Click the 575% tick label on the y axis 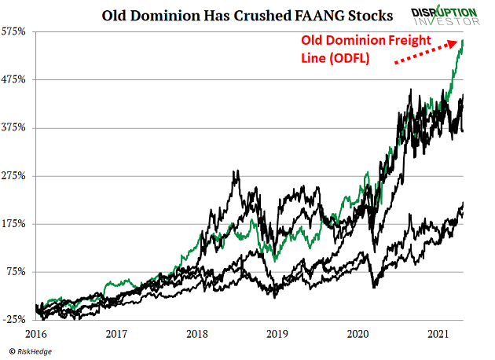click(x=16, y=31)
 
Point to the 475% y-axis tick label click(x=16, y=79)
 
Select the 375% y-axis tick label click(x=16, y=127)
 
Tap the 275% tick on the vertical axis click(x=16, y=175)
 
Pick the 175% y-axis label click(x=16, y=223)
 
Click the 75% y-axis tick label click(x=18, y=271)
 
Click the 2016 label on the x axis click(x=37, y=333)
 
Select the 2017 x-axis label click(x=117, y=333)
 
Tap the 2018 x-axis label click(x=197, y=333)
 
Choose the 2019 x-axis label click(x=277, y=333)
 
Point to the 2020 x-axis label click(x=357, y=333)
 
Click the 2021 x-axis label click(x=438, y=333)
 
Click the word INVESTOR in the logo click(x=451, y=23)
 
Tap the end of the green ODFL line click(x=463, y=40)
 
